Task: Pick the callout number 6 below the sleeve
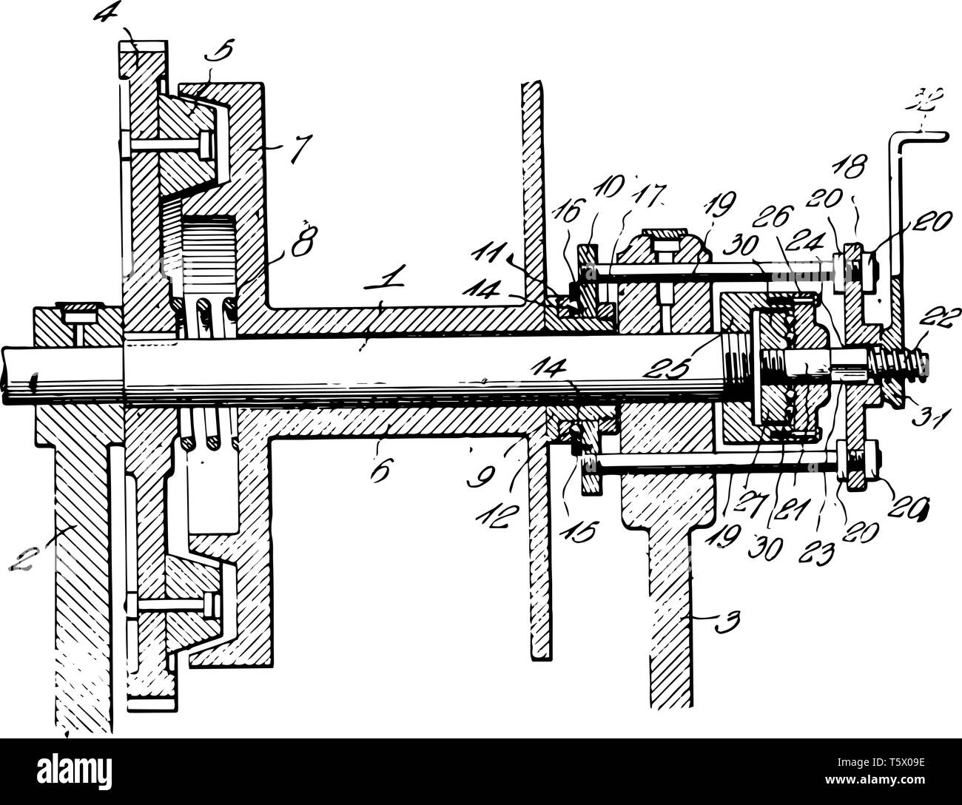click(x=379, y=470)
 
